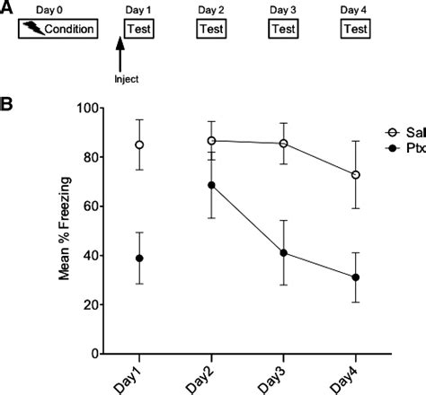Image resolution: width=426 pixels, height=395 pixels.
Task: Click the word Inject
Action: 127,78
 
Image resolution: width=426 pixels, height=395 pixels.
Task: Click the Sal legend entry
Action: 403,130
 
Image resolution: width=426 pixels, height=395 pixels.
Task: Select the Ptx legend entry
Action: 403,145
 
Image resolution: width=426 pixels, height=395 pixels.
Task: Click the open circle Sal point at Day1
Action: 139,145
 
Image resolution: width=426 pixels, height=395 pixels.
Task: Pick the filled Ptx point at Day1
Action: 139,259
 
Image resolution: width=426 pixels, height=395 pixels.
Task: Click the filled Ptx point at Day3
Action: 283,253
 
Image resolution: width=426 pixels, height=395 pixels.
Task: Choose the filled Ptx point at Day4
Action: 356,277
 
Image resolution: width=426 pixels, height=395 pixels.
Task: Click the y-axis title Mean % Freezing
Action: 65,230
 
